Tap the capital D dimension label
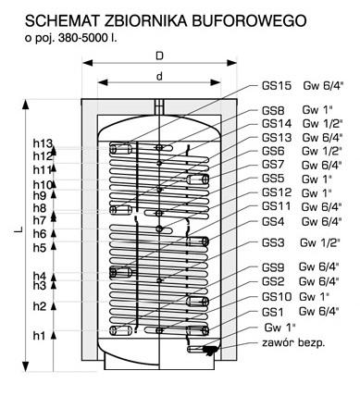(x=160, y=56)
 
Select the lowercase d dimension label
(x=159, y=75)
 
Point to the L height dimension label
(x=18, y=232)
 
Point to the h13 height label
(x=44, y=143)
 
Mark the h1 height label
(x=39, y=336)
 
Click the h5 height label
(x=39, y=248)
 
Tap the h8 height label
(x=39, y=210)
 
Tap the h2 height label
(x=39, y=306)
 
